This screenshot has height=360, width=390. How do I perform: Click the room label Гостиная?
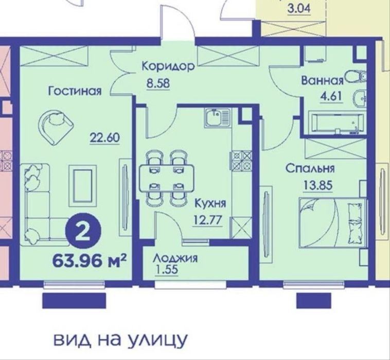75,91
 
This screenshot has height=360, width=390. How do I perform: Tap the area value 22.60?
104,138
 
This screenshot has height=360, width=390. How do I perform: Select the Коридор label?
168,66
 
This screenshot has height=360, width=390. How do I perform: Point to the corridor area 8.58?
158,83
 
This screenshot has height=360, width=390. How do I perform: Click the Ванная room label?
323,81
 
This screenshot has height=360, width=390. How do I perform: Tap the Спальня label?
310,168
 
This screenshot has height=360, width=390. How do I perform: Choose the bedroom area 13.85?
317,185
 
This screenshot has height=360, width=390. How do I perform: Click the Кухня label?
210,203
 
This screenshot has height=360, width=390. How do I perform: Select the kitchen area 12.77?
207,220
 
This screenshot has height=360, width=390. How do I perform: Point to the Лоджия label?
175,258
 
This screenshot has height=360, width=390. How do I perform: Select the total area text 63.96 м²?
90,261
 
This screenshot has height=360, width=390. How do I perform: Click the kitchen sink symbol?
218,118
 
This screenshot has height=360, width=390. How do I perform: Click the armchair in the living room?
56,126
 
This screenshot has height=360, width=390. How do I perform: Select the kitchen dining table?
166,178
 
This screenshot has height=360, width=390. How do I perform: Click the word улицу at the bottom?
157,339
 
